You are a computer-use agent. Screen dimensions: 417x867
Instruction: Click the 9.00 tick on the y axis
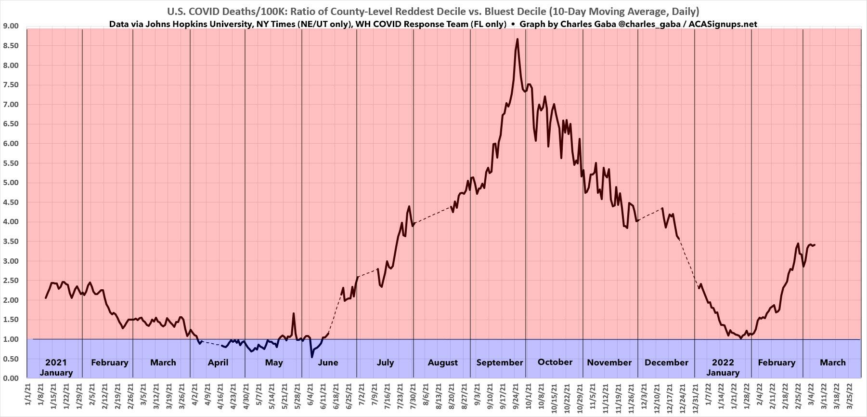(x=11, y=26)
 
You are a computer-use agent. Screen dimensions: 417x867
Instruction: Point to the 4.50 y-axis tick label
(x=11, y=202)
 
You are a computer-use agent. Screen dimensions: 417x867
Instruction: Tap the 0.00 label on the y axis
(x=11, y=378)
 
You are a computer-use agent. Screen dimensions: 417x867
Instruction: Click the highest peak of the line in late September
(x=517, y=39)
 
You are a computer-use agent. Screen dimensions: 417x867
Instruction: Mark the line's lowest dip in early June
(x=311, y=357)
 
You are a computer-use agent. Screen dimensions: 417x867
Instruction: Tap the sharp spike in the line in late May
(x=294, y=313)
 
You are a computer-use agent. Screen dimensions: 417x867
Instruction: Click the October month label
(x=555, y=362)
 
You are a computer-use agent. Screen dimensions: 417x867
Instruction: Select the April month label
(x=218, y=363)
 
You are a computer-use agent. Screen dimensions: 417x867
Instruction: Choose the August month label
(x=442, y=363)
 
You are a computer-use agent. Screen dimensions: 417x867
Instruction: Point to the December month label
(x=666, y=363)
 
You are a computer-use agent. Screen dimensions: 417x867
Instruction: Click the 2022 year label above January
(x=723, y=363)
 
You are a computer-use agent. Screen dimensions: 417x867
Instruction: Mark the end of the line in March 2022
(x=815, y=245)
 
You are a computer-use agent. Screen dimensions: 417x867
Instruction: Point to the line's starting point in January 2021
(x=46, y=298)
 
